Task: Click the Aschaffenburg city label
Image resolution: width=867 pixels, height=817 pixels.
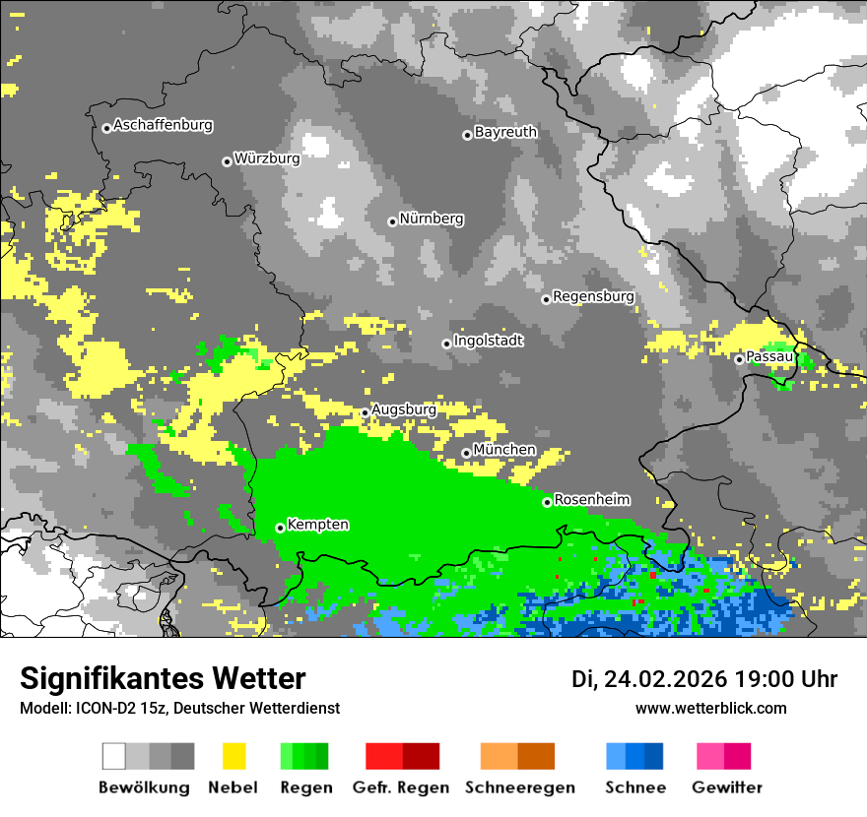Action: tap(163, 126)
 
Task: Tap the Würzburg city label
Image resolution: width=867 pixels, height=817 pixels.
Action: tap(267, 158)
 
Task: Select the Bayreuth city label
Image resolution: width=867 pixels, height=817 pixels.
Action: tap(505, 132)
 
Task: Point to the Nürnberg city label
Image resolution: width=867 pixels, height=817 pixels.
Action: tap(432, 220)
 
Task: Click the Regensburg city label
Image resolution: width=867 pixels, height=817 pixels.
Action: tap(593, 296)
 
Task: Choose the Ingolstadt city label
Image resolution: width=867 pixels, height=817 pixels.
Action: tap(489, 342)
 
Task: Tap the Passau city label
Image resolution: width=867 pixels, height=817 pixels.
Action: tap(769, 356)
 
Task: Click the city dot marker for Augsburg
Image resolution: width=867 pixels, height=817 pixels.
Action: tap(365, 412)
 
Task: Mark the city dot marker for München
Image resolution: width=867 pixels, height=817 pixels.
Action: tap(466, 453)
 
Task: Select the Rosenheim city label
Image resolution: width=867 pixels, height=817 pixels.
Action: tap(591, 500)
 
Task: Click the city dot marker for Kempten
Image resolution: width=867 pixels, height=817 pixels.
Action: tap(280, 528)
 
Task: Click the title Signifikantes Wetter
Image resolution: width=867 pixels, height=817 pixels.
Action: tap(163, 678)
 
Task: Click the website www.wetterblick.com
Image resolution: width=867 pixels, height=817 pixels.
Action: tap(710, 708)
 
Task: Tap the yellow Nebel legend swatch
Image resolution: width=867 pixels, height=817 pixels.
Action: tap(233, 756)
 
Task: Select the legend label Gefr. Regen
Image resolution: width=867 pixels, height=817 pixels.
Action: tap(401, 787)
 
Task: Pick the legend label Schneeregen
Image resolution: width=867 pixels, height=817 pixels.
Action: tap(519, 787)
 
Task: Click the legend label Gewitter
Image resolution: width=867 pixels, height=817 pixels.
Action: tap(726, 787)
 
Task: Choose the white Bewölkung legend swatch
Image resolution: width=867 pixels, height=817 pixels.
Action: tap(114, 756)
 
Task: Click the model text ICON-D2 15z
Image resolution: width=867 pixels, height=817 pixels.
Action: tap(119, 708)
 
